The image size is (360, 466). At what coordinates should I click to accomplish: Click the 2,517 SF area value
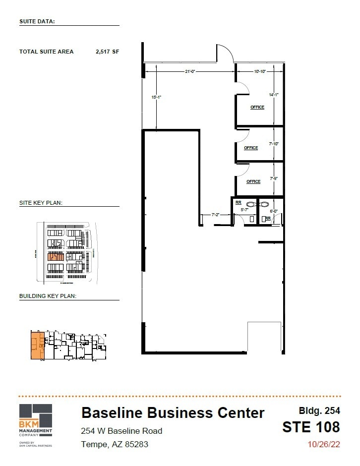point(108,52)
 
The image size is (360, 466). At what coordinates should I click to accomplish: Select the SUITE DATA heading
point(37,21)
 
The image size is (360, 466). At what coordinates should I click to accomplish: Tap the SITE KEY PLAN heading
point(40,203)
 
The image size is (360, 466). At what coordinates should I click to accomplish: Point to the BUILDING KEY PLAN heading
point(47,296)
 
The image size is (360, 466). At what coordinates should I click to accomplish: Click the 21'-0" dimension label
point(190,71)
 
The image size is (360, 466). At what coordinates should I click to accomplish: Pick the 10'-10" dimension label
point(260,71)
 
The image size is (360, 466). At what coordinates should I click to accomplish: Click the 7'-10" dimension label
point(274,144)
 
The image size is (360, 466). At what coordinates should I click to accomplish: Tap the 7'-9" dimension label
point(274,178)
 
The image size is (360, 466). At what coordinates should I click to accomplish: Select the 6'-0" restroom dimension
point(274,210)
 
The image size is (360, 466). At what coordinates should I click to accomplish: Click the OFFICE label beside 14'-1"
point(257,107)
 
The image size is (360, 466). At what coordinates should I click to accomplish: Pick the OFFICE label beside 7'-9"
point(253,181)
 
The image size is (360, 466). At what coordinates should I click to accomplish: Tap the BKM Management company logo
point(35,425)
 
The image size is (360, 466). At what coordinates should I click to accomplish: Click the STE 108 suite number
point(311,427)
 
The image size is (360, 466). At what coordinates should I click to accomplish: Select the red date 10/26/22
point(324,444)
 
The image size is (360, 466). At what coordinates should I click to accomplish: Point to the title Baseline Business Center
point(173,412)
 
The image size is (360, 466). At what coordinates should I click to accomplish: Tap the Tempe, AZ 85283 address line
point(115,444)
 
